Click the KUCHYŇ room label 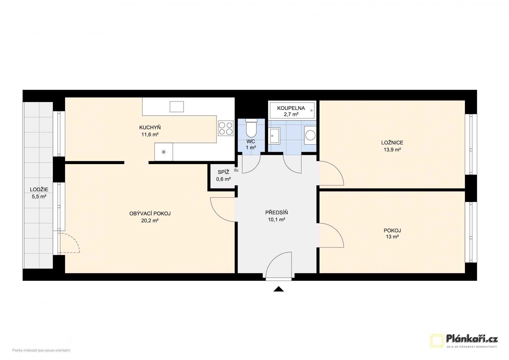tap(150, 127)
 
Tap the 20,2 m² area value tap(150, 220)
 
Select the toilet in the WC tap(251, 128)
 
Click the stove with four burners tap(226, 128)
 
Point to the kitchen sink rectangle tap(177, 106)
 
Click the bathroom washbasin tap(274, 136)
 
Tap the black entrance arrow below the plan tap(279, 289)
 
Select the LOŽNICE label tap(392, 142)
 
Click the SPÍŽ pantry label tap(223, 172)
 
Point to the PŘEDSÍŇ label tap(277, 212)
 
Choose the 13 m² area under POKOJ tap(392, 237)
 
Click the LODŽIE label tap(39, 189)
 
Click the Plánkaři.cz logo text tap(472, 339)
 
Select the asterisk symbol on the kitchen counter tap(163, 152)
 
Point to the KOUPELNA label tap(291, 108)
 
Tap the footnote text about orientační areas tap(41, 350)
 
